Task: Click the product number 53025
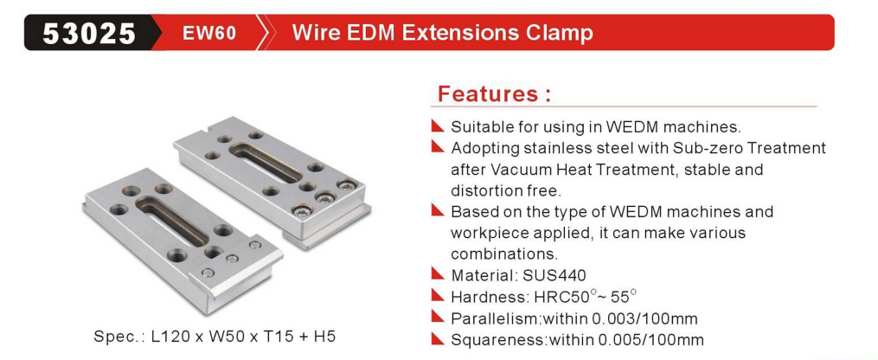point(89,34)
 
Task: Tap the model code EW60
point(208,34)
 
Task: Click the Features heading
point(494,93)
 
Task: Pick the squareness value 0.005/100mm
point(650,339)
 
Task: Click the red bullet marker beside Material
point(438,274)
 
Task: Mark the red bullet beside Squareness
point(438,338)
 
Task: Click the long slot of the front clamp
point(176,220)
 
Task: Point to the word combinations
point(505,254)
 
